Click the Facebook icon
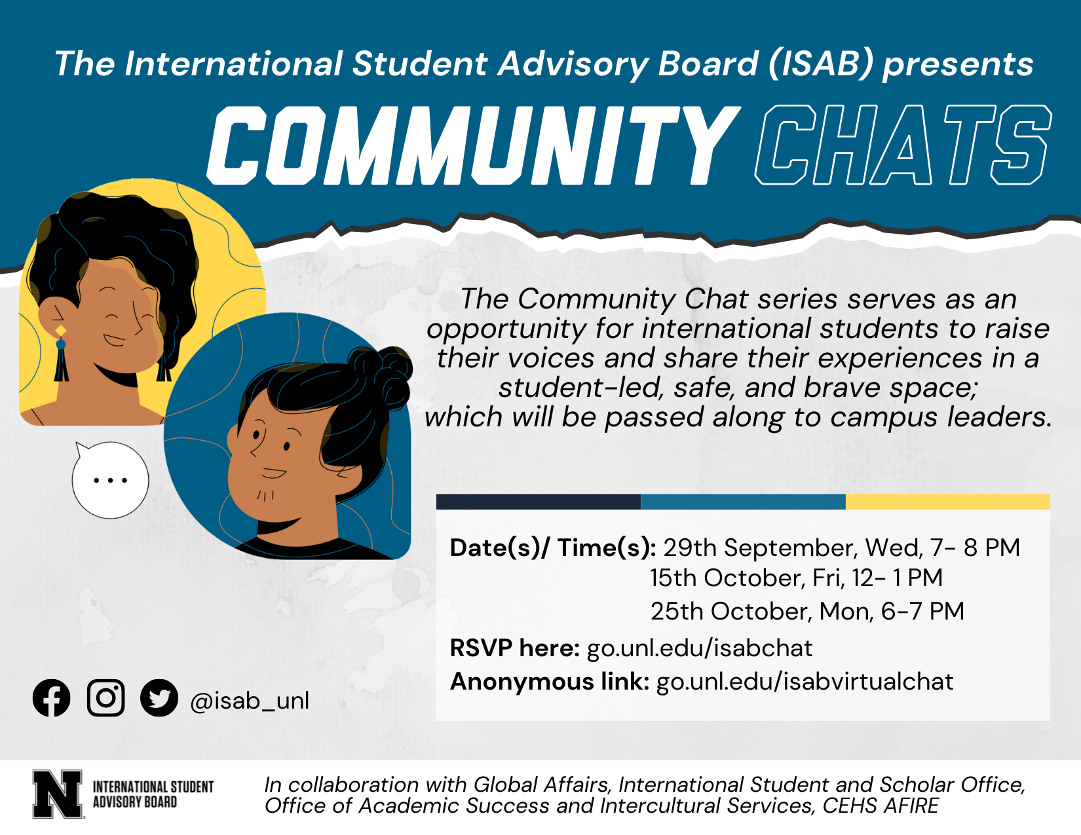[x=51, y=697]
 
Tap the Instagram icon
[x=105, y=697]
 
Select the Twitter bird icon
[x=159, y=697]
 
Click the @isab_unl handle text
[x=250, y=701]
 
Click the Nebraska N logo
[x=57, y=794]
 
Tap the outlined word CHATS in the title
[x=903, y=145]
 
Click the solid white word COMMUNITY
[x=474, y=145]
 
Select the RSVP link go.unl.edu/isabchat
[x=700, y=648]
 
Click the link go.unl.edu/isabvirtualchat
[x=805, y=681]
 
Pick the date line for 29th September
[x=842, y=547]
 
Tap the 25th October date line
[x=807, y=611]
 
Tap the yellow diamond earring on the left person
[x=60, y=330]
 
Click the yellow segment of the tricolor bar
[x=948, y=502]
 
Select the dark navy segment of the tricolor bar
[x=539, y=502]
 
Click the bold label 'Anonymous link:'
[x=550, y=681]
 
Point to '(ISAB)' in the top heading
[x=821, y=64]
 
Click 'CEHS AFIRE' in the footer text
[x=881, y=806]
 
